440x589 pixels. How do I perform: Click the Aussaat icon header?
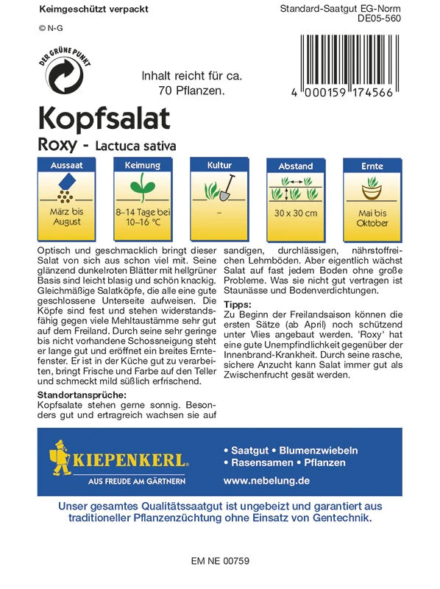65,166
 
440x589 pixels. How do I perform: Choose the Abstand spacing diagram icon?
295,190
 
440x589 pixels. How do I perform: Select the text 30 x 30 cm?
295,214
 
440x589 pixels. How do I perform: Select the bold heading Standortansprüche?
81,396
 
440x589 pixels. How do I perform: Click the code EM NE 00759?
220,561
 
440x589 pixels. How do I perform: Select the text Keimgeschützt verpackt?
82,10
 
